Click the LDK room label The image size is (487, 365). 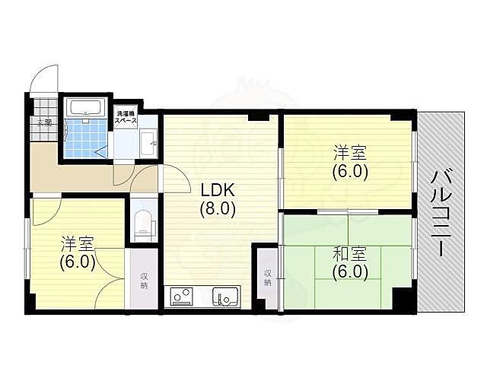(218, 190)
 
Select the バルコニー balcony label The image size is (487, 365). (441, 213)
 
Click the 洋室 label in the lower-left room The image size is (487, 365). (78, 245)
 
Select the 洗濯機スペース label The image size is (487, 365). (126, 116)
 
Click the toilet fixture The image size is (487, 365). (142, 223)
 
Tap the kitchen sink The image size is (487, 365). (225, 295)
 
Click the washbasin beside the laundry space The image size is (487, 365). (148, 141)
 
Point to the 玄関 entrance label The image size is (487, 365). (43, 122)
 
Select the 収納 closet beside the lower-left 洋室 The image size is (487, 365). (143, 281)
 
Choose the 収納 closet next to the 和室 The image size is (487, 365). (268, 277)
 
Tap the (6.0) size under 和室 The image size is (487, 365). (350, 271)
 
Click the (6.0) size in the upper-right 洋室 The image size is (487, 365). (350, 171)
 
